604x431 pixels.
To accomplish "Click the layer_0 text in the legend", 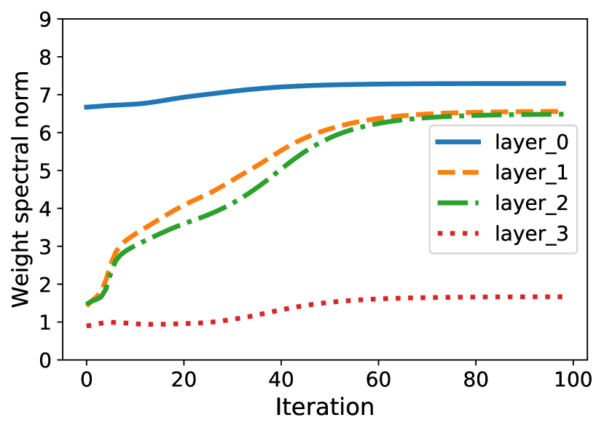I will coord(531,142).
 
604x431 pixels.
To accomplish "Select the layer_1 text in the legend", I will coord(531,173).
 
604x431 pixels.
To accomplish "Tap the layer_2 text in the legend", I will coord(531,203).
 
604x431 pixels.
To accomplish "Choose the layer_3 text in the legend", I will coord(531,234).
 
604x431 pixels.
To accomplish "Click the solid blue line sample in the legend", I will coord(458,142).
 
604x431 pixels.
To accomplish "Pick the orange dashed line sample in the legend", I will coord(458,173).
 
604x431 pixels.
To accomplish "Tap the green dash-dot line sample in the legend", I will coord(458,203).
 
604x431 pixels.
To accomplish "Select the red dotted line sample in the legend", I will coord(458,234).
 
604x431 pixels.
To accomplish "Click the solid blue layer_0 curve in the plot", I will coord(291,86).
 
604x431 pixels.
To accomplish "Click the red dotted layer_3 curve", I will coord(291,307).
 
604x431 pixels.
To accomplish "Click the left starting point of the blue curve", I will coord(86,107).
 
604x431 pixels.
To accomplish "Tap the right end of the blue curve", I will coord(565,83).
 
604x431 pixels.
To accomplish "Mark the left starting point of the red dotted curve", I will coord(87,325).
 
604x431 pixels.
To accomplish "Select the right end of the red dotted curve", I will coord(562,297).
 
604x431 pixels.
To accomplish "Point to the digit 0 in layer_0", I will coord(562,142).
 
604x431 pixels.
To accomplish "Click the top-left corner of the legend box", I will coord(430,125).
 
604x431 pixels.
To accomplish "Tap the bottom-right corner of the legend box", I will coord(577,253).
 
